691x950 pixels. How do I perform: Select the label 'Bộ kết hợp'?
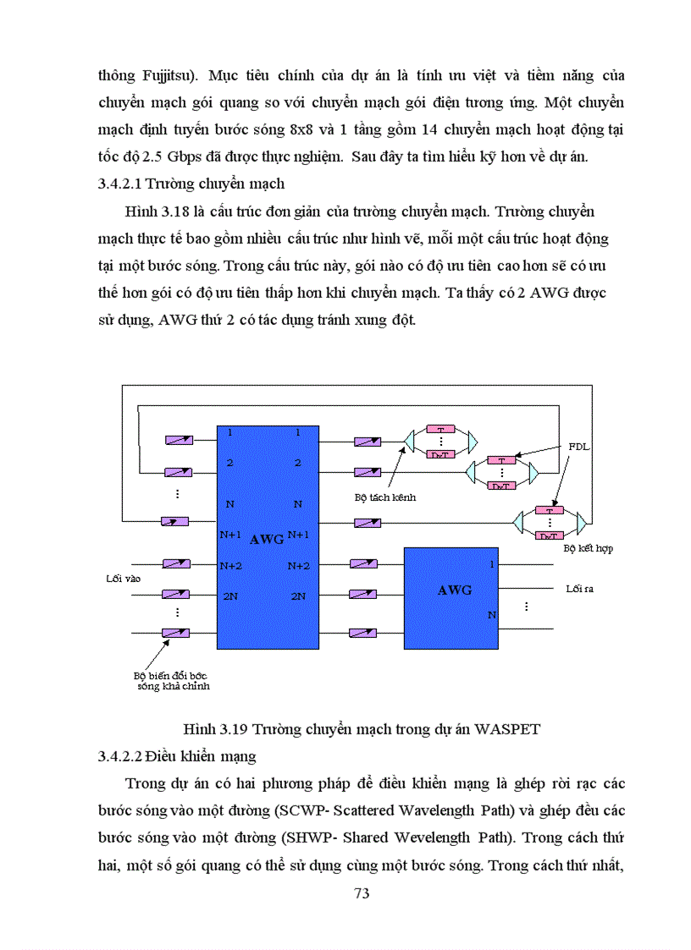589,548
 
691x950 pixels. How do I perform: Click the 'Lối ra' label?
579,588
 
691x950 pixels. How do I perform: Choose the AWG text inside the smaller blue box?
455,590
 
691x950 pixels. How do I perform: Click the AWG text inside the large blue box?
268,539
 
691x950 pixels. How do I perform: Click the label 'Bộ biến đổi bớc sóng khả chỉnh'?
169,681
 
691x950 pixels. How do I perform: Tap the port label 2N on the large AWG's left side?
229,596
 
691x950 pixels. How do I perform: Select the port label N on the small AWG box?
491,615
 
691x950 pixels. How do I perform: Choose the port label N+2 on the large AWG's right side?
298,565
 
